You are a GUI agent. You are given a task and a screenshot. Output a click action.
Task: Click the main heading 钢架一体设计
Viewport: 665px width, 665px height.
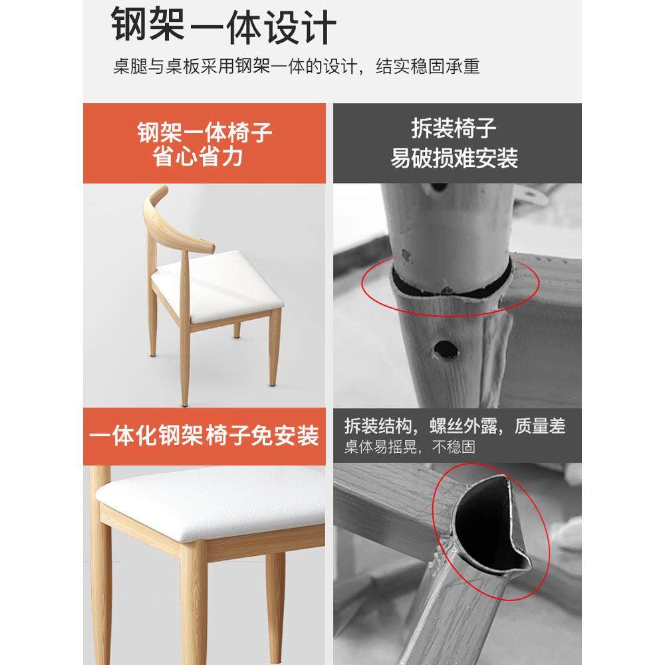[223, 27]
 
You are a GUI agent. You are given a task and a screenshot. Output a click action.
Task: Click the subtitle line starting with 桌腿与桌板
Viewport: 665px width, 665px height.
[296, 67]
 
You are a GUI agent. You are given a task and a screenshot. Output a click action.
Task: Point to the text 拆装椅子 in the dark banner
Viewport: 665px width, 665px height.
[454, 128]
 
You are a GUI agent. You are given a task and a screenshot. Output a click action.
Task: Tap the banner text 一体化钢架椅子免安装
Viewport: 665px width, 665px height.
[204, 437]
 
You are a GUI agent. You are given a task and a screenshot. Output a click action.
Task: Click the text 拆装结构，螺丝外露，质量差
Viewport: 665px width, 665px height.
[455, 426]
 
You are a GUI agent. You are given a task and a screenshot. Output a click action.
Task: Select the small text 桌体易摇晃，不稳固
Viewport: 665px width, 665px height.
[410, 447]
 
